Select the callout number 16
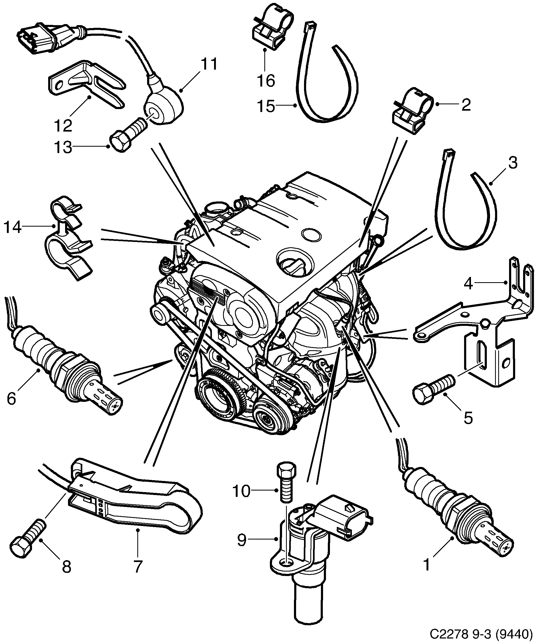click(x=266, y=81)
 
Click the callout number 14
click(x=12, y=227)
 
